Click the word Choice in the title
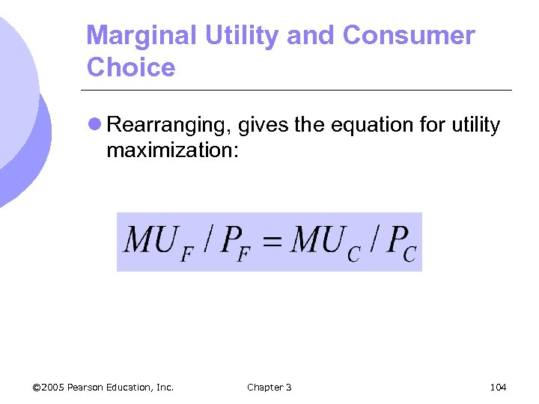(131, 68)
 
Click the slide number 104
(498, 387)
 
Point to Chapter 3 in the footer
(269, 387)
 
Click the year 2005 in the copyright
(53, 387)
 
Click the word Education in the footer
(135, 387)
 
